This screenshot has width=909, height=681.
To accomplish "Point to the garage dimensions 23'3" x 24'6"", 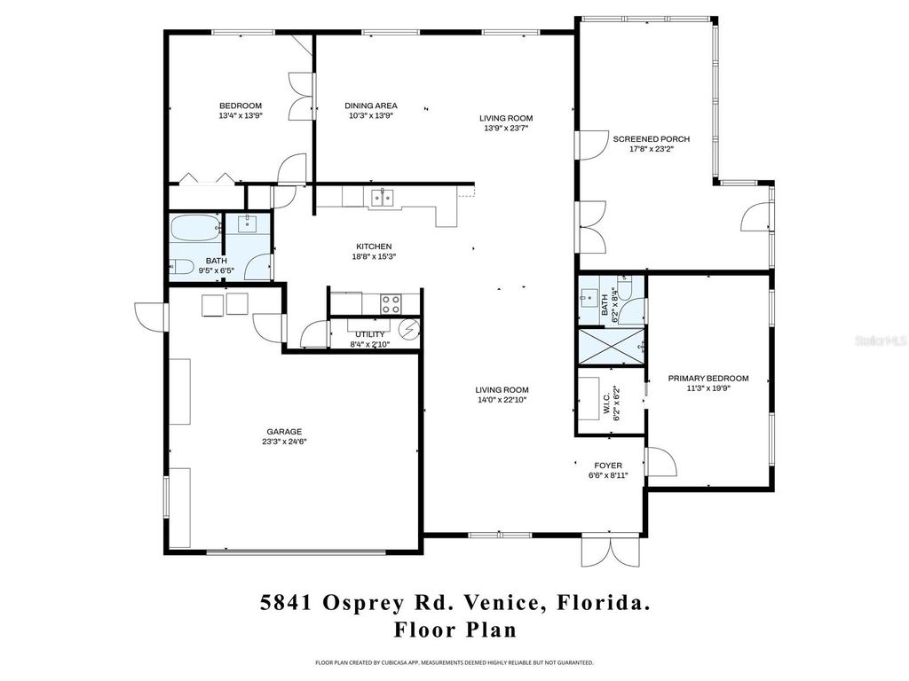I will coord(284,442).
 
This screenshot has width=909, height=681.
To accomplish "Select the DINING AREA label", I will coord(371,106).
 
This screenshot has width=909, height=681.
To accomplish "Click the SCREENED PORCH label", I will coord(651,139).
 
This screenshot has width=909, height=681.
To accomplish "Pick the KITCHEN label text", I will coord(374,247).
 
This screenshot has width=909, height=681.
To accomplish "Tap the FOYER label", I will coord(608,466).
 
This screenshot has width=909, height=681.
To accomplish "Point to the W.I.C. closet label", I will coord(608,405).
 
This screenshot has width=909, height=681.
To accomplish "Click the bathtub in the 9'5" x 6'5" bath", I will coord(194,230).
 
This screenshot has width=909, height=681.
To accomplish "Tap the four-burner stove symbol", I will coord(391,303).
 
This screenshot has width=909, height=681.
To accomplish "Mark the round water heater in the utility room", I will coord(409,331).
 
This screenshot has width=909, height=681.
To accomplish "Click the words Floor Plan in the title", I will coord(454,630).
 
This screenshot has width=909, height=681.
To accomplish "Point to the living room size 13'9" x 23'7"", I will coord(506,128).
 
